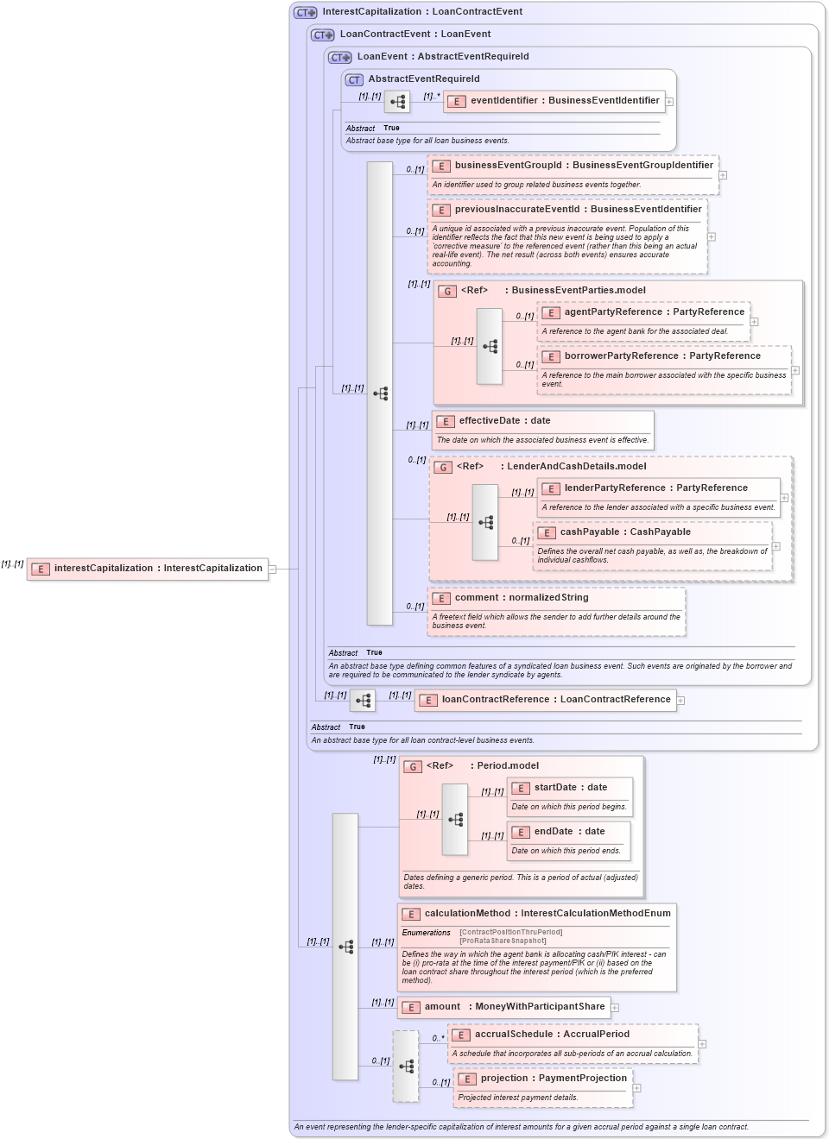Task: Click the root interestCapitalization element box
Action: [148, 569]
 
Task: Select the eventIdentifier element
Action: [554, 101]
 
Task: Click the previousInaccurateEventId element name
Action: [578, 210]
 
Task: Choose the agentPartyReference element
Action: [643, 312]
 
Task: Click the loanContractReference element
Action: [546, 700]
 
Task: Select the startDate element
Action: [570, 788]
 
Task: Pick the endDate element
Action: [569, 832]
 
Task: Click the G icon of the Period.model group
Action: [413, 766]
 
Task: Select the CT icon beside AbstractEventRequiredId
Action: [354, 79]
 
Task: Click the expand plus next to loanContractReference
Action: [681, 701]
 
